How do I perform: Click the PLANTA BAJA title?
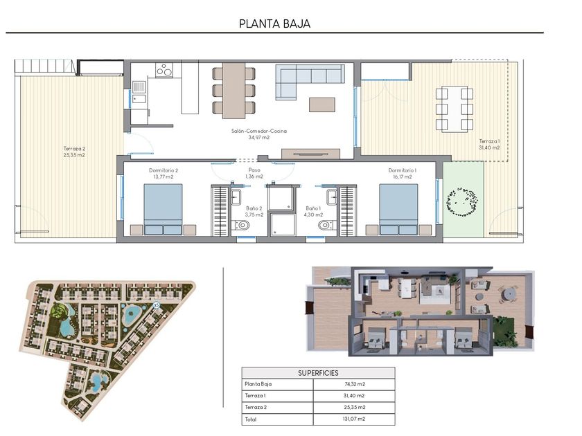[x=274, y=24]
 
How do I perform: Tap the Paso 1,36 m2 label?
[x=254, y=173]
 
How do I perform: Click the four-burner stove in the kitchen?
[x=164, y=70]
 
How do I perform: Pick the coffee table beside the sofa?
[x=322, y=105]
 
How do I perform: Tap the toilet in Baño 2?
[x=242, y=225]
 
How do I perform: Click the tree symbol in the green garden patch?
[x=461, y=202]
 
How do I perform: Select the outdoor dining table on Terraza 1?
[x=455, y=109]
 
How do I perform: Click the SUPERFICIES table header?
[x=318, y=373]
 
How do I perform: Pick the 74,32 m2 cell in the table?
[x=355, y=384]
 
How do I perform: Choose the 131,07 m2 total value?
[x=355, y=419]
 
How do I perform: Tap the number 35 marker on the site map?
[x=156, y=305]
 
